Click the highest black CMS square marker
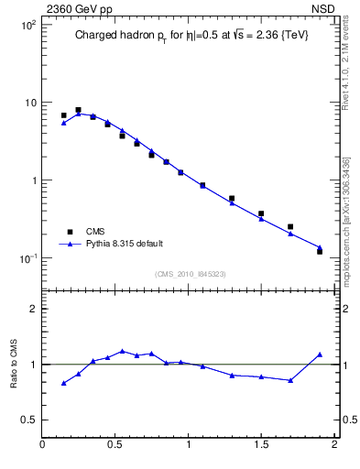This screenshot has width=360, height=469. click(78, 110)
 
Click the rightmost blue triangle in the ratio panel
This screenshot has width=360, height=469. click(320, 354)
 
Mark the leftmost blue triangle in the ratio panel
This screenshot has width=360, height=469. click(63, 383)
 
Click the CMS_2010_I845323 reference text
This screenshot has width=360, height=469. click(188, 273)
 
